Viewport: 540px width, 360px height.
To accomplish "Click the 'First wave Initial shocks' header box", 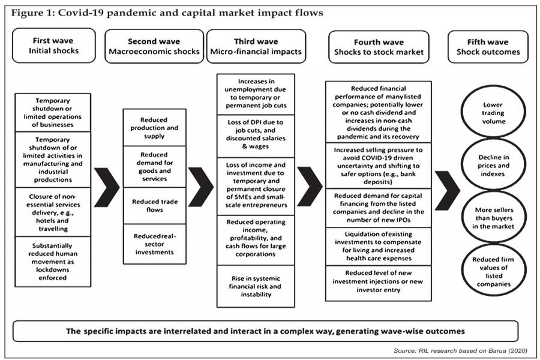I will click(x=53, y=46).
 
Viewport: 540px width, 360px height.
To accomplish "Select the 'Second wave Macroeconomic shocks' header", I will click(x=154, y=46).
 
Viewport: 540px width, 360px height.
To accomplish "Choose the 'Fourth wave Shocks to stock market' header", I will click(x=379, y=46).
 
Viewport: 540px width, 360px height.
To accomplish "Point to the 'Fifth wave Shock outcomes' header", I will click(x=488, y=46).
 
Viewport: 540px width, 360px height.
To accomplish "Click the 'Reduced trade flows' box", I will click(x=155, y=205).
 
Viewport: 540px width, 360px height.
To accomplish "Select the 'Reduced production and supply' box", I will click(x=155, y=128).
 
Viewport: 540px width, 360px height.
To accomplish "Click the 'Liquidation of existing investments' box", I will click(x=378, y=246).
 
